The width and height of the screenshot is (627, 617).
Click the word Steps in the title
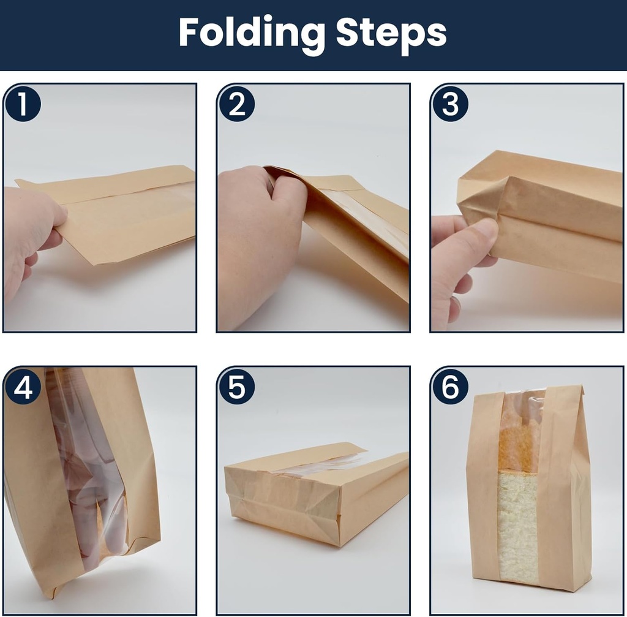[391, 34]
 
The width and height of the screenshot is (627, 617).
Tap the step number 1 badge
[23, 104]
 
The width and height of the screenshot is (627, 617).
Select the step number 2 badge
[237, 104]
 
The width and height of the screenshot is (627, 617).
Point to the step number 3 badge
[450, 104]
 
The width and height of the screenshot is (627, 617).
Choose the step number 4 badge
[23, 387]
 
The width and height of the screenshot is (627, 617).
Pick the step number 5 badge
[237, 387]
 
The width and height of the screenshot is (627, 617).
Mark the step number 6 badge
[450, 387]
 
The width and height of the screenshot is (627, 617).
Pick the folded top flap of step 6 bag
[528, 396]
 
